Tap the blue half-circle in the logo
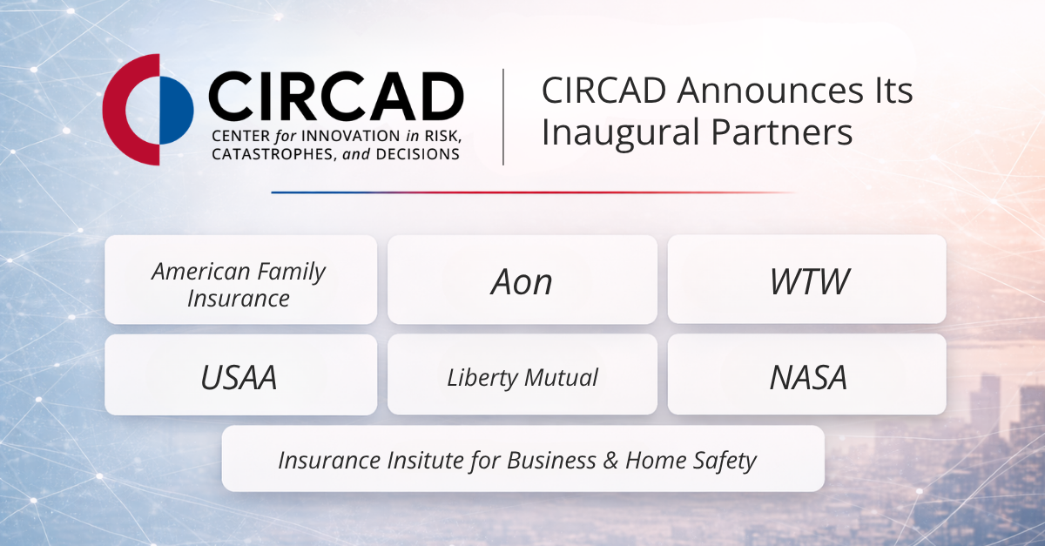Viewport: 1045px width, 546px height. (176, 110)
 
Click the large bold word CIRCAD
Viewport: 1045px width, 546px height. (336, 97)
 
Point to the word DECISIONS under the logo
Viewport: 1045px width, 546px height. (417, 154)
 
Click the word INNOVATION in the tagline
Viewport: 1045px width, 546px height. (351, 136)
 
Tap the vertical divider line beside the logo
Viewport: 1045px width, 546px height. (503, 117)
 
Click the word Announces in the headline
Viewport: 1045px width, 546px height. (770, 90)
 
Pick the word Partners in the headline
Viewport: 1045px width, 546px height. (782, 132)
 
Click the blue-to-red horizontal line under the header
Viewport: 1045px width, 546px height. (533, 192)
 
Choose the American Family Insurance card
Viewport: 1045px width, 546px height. (240, 280)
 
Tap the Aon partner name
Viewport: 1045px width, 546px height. (522, 282)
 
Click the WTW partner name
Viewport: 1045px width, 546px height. (809, 281)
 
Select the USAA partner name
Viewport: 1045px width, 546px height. (239, 377)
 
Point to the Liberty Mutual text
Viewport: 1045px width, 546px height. (522, 377)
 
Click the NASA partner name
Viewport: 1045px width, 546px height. (808, 377)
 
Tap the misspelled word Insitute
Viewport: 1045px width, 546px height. (426, 460)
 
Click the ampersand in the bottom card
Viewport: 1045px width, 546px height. (610, 461)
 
